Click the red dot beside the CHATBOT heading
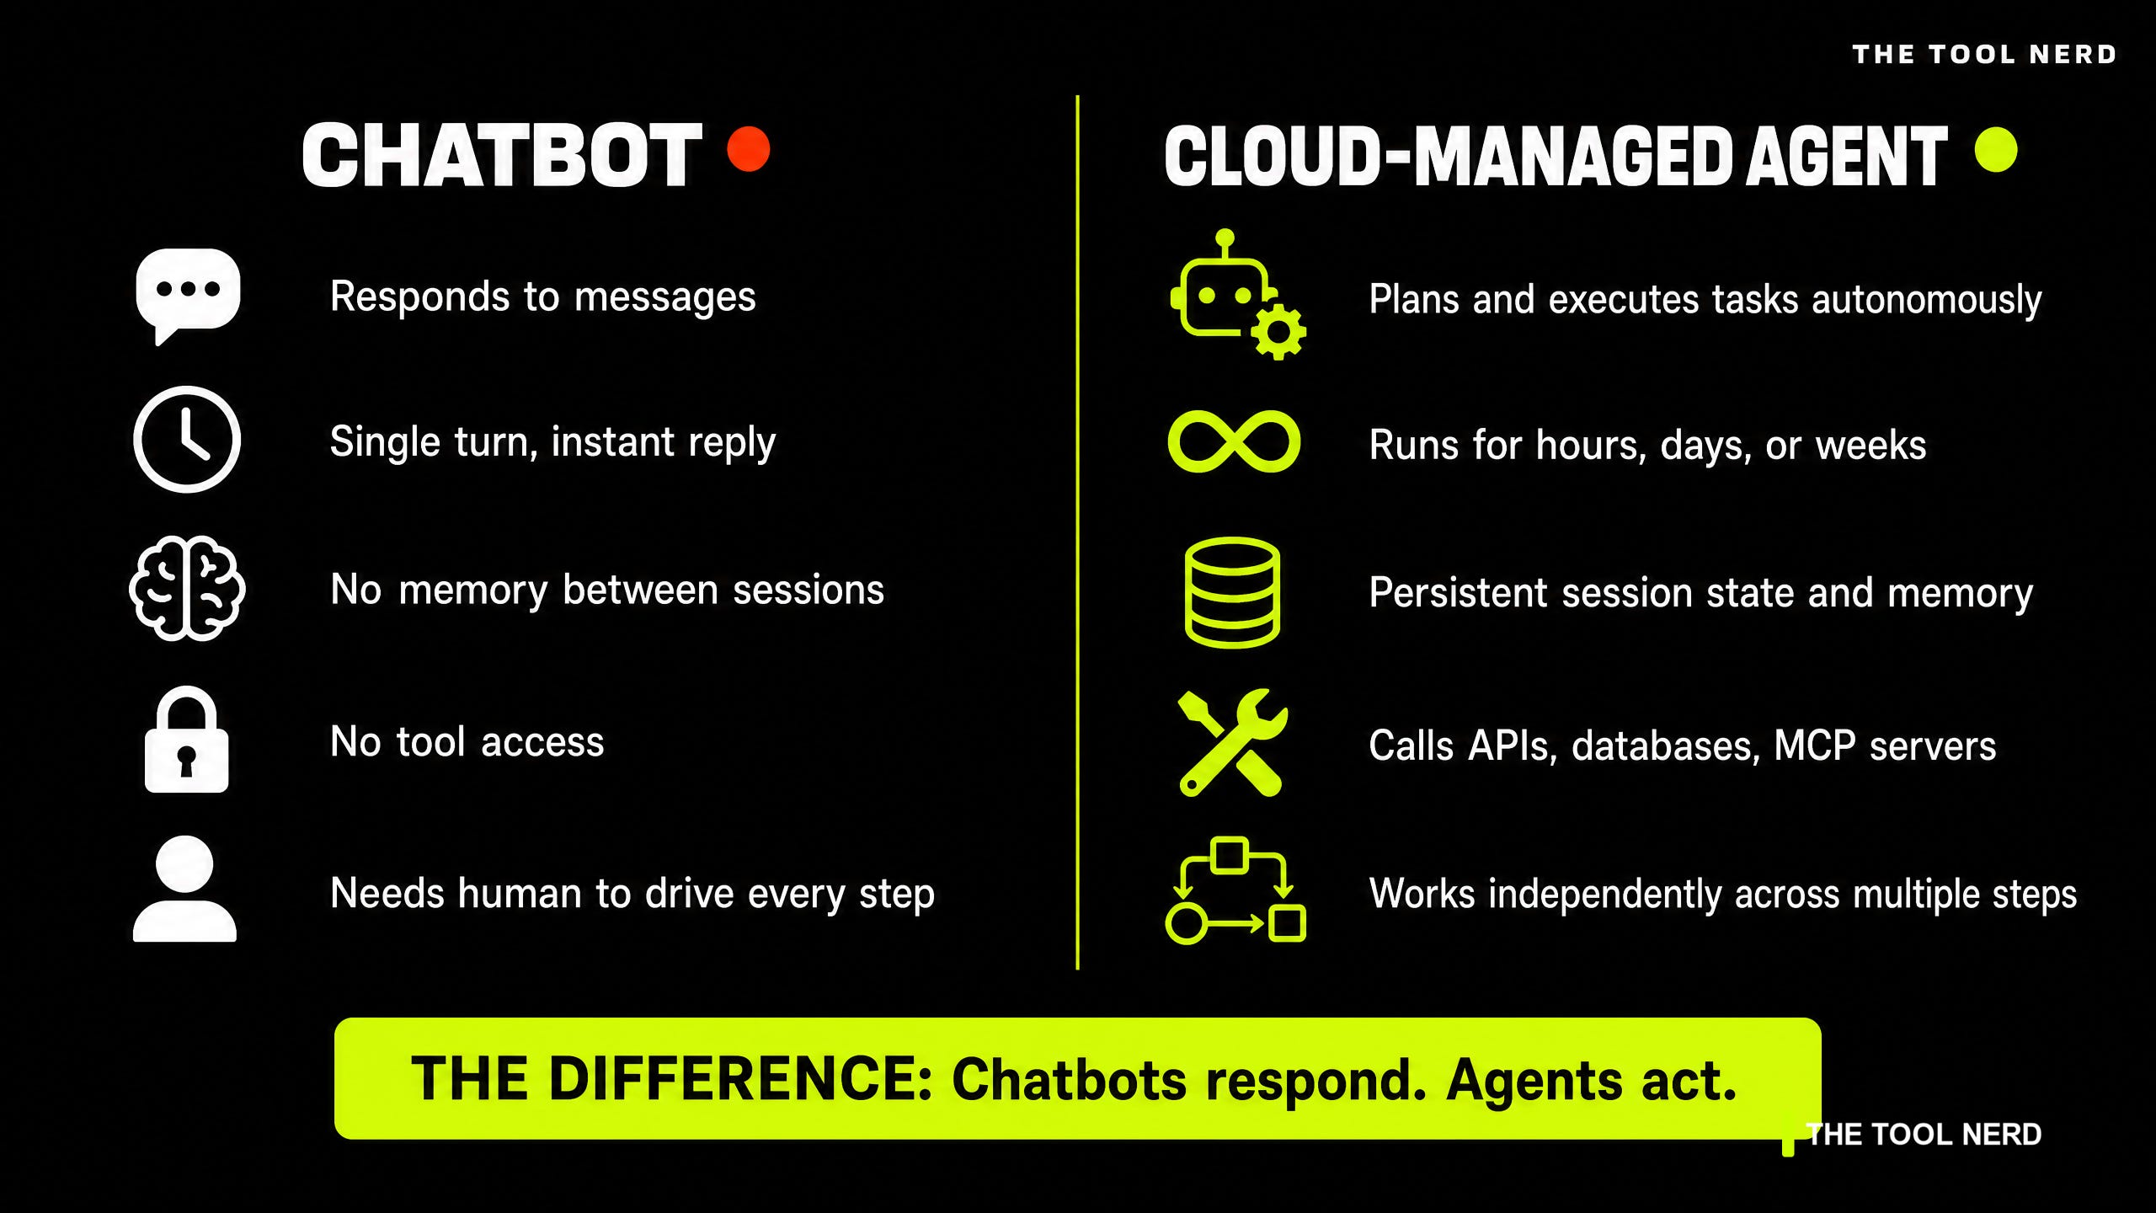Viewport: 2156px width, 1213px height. pyautogui.click(x=748, y=149)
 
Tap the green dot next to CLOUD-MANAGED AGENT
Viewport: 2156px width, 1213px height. pyautogui.click(x=1995, y=150)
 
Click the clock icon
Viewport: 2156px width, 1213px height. pyautogui.click(x=187, y=439)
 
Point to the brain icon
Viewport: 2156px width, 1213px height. pyautogui.click(x=187, y=588)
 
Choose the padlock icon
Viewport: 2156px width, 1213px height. pyautogui.click(x=186, y=740)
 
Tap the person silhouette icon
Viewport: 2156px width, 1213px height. pyautogui.click(x=184, y=888)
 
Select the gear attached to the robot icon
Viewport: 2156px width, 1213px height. pyautogui.click(x=1278, y=332)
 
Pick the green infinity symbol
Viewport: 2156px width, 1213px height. pyautogui.click(x=1234, y=442)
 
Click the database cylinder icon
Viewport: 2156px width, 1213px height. pyautogui.click(x=1232, y=592)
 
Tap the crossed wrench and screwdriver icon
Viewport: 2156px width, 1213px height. pyautogui.click(x=1233, y=743)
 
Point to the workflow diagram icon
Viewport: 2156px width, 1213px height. pyautogui.click(x=1235, y=890)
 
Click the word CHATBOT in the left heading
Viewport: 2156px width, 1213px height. pyautogui.click(x=502, y=155)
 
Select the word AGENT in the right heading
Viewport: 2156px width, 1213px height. pyautogui.click(x=1847, y=156)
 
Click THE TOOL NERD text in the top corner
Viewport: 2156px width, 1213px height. pyautogui.click(x=1984, y=55)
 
